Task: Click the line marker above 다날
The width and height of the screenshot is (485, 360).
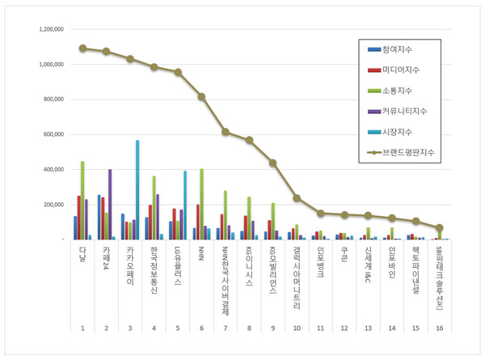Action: click(x=82, y=48)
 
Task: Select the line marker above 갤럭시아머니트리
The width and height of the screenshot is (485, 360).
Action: click(x=297, y=197)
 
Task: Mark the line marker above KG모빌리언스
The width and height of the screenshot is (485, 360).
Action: click(x=273, y=163)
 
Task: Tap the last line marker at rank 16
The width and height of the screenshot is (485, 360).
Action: click(x=440, y=228)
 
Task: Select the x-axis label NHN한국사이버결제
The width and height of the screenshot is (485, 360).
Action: click(x=225, y=280)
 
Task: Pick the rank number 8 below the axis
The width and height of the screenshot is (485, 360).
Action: click(x=249, y=328)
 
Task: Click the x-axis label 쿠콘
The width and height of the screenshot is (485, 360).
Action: click(x=344, y=254)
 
